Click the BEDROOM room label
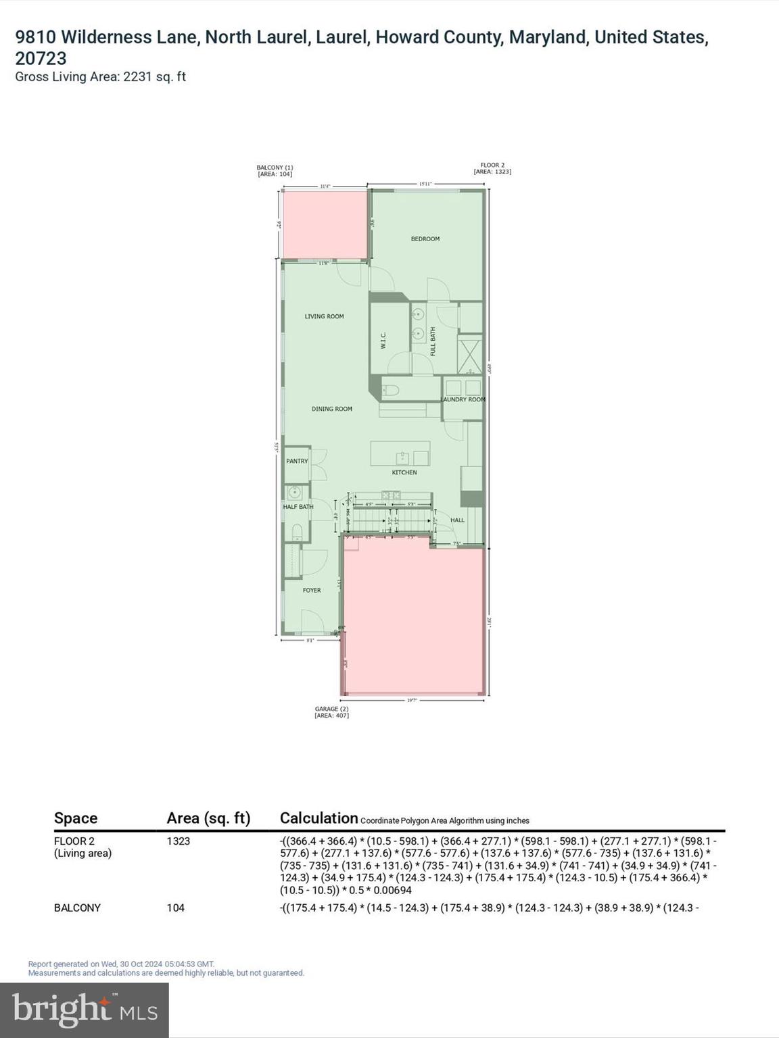[425, 239]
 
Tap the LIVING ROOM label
[324, 316]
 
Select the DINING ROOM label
[331, 409]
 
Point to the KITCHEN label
[404, 472]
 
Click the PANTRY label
[297, 461]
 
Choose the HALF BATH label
[298, 507]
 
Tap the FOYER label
[312, 590]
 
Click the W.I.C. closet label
[383, 340]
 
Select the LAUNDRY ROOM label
[463, 399]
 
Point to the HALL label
[458, 520]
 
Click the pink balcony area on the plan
[325, 224]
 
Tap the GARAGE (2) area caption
[331, 712]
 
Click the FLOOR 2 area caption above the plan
[492, 168]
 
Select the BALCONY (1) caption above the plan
[275, 170]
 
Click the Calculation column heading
[318, 818]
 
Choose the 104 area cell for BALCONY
[176, 908]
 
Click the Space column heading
[76, 818]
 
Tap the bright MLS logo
[85, 1010]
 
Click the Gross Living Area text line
[100, 76]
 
